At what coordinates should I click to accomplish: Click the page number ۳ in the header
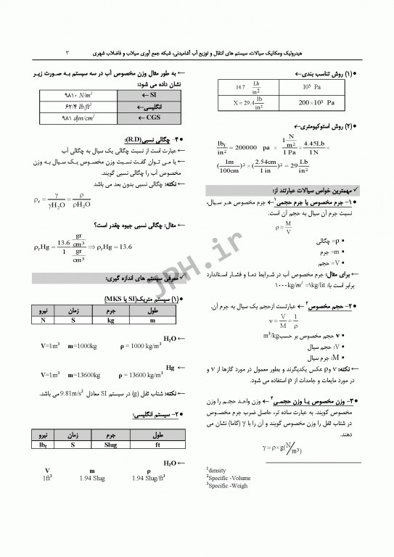click(66, 52)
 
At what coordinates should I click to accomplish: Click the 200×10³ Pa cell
click(316, 103)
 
